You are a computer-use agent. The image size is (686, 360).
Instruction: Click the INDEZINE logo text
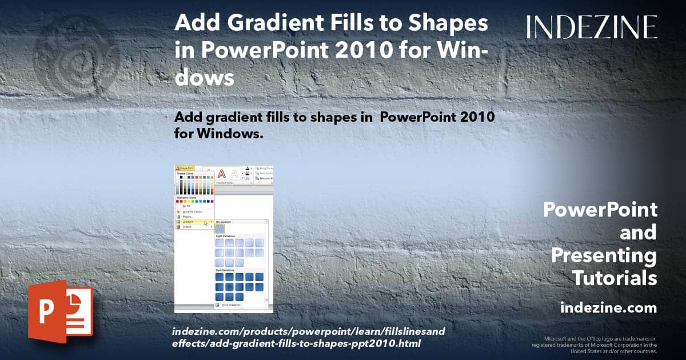[592, 27]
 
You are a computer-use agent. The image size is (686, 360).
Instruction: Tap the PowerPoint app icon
[60, 311]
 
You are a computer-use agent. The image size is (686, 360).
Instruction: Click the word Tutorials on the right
[615, 279]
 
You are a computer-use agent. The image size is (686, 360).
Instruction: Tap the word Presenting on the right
[604, 256]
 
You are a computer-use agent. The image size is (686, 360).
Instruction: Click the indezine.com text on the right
[608, 308]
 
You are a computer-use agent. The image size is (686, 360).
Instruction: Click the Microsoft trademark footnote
[595, 345]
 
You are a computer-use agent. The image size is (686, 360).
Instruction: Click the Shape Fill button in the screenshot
[185, 168]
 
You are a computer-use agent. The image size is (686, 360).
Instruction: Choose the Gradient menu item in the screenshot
[188, 222]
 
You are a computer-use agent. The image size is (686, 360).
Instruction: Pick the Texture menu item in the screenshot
[187, 227]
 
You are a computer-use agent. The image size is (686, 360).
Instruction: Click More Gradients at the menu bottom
[231, 305]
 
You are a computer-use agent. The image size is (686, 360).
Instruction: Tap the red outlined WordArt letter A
[222, 174]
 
